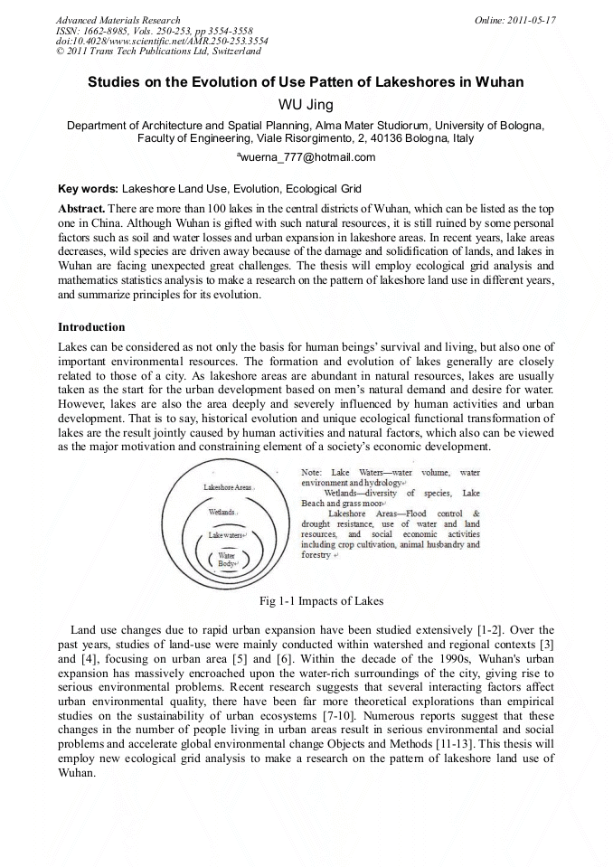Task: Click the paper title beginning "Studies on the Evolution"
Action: pos(306,82)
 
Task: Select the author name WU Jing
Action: pos(306,104)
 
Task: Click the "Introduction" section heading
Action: pos(91,326)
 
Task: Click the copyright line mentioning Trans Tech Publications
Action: pos(158,52)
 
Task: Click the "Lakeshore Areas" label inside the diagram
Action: pos(228,487)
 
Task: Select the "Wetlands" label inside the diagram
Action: pos(222,512)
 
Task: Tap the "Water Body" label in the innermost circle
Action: pos(227,559)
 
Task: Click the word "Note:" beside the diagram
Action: pos(315,473)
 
